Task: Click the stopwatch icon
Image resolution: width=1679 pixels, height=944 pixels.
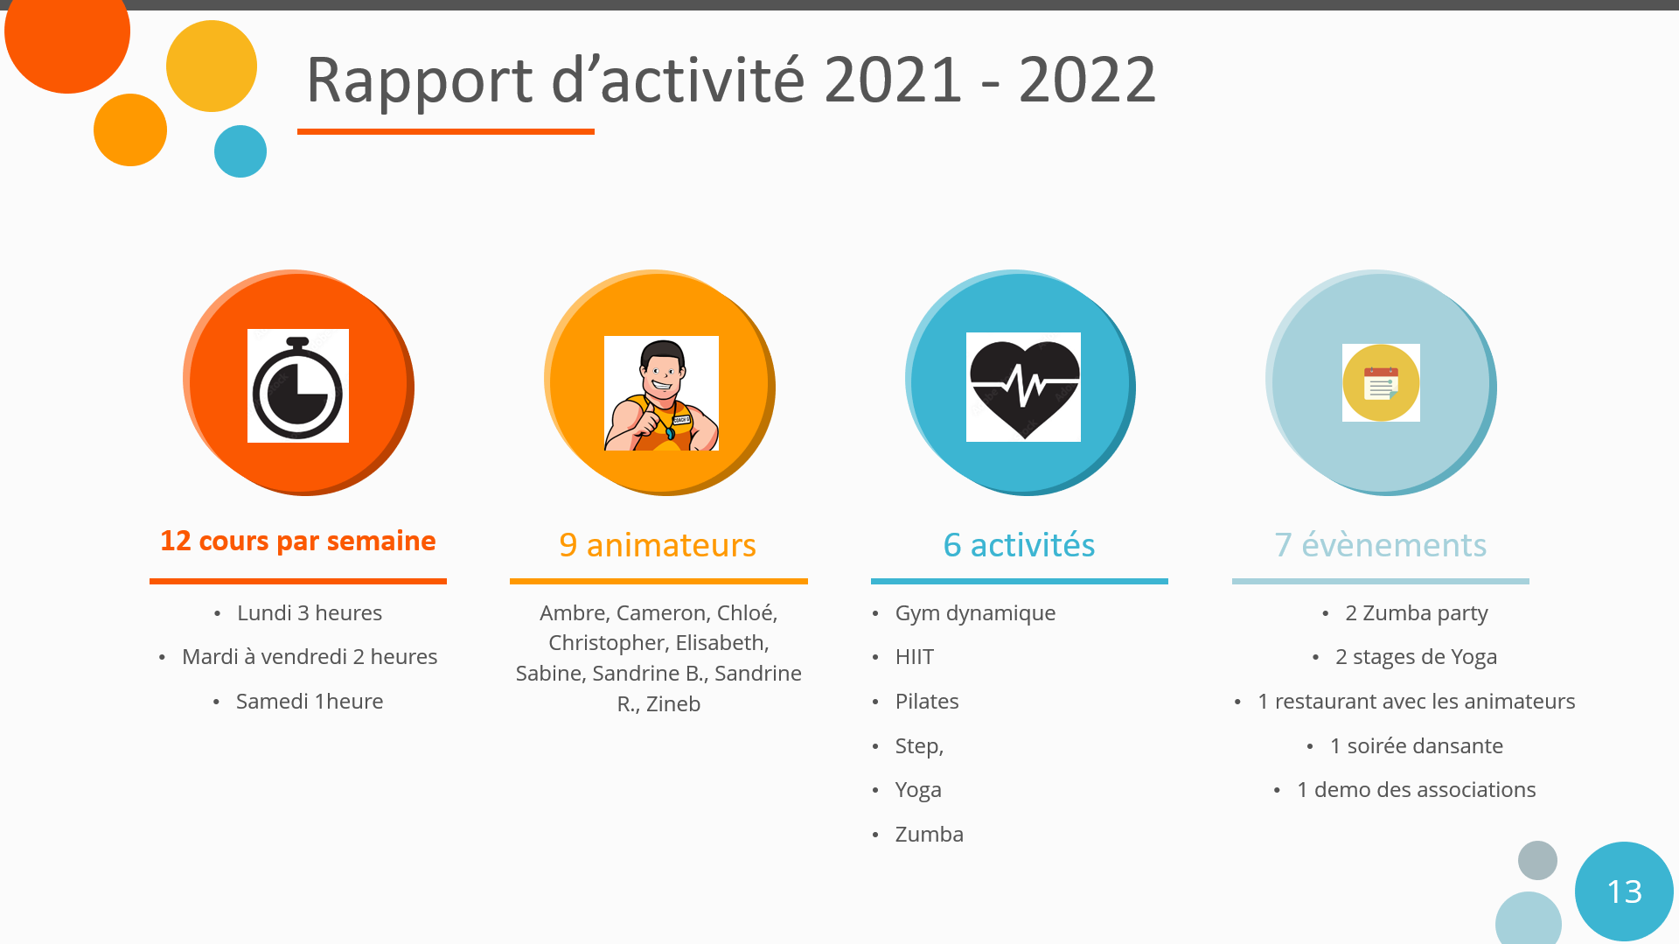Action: tap(298, 386)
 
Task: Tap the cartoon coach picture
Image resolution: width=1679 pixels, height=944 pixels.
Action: tap(661, 394)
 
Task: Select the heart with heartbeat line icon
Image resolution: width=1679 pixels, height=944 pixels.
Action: tap(1023, 387)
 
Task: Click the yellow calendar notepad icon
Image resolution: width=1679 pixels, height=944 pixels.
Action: tap(1381, 382)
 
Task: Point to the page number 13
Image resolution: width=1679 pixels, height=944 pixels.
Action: tap(1625, 892)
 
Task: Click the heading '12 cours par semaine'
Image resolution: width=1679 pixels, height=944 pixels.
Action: tap(298, 541)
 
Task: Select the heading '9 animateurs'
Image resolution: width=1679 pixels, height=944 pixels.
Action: tap(658, 545)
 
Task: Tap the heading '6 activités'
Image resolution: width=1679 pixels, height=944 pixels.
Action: tap(1019, 545)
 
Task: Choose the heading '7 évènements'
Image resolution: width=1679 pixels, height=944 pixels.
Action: tap(1381, 545)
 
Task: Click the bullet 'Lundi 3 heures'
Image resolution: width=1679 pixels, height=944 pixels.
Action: tap(310, 612)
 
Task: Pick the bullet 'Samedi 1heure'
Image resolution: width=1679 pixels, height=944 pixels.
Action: tap(310, 701)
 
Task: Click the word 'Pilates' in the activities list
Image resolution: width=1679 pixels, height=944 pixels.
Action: tap(927, 701)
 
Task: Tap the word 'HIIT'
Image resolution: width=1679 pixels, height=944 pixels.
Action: tap(915, 656)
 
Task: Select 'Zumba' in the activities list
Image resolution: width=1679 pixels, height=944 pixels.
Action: tap(930, 834)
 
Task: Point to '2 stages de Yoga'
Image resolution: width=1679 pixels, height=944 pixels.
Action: tap(1417, 656)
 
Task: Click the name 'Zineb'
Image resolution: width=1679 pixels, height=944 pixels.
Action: tap(673, 703)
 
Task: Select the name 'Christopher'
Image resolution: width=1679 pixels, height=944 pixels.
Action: tap(606, 642)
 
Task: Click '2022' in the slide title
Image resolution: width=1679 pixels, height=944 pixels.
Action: tap(1087, 80)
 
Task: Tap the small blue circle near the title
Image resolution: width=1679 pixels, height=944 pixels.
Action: tap(240, 151)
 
